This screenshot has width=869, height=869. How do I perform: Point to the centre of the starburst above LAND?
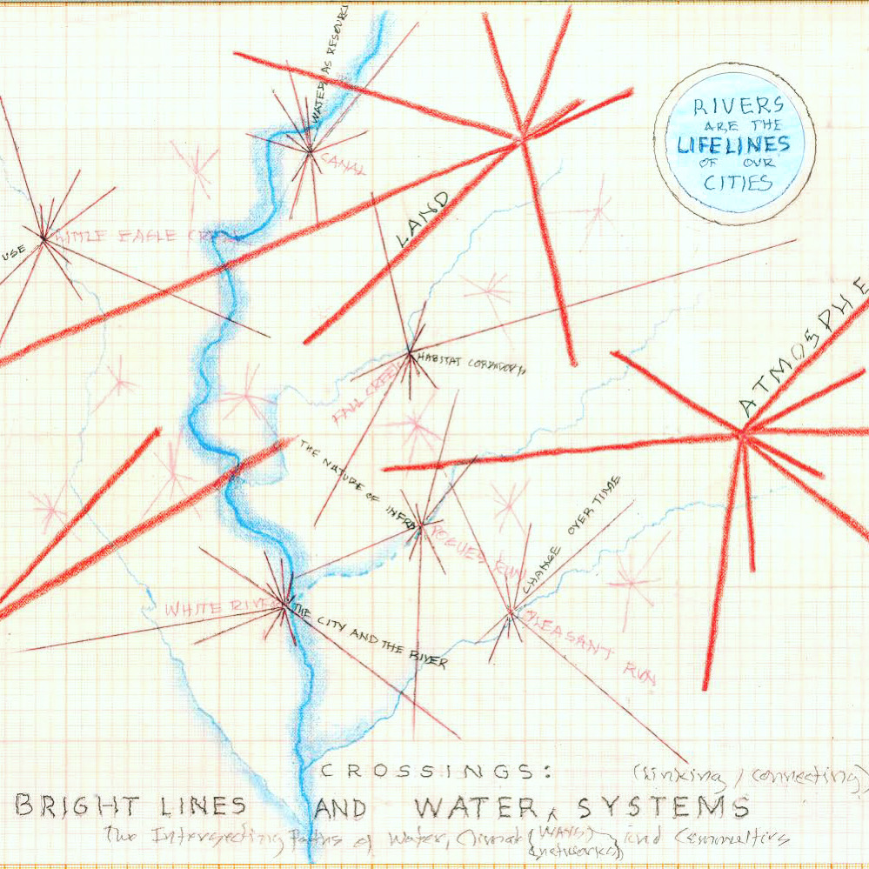[522, 139]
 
